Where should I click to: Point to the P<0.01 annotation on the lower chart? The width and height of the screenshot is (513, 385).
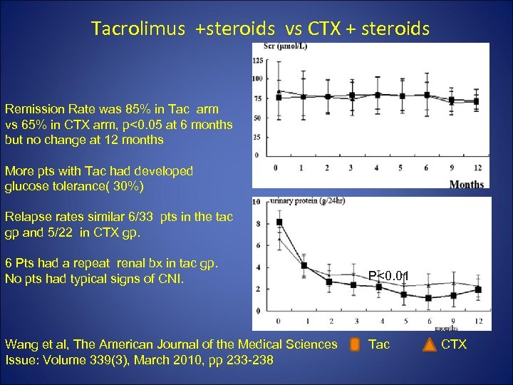pos(388,273)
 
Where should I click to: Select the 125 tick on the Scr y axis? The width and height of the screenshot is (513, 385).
pos(258,61)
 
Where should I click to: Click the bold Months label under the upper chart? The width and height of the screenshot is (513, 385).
pos(466,184)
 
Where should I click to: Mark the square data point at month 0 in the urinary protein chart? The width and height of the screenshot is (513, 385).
pos(279,222)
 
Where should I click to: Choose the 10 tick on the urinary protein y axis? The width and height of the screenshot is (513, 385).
pos(257,202)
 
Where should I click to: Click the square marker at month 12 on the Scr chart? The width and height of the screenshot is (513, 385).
pos(476,101)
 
